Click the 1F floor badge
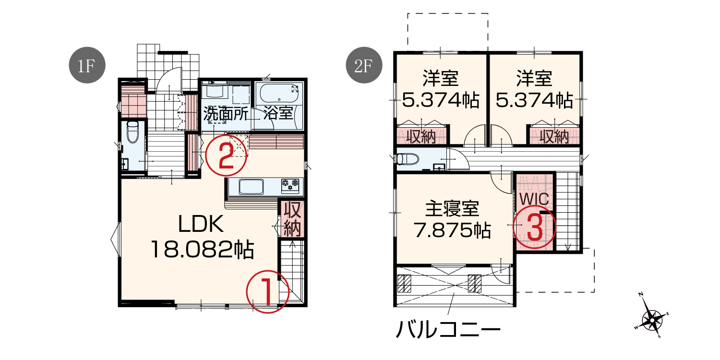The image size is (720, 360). click(87, 65)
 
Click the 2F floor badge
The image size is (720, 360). click(364, 65)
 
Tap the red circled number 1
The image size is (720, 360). click(267, 292)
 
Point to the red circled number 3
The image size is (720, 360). click(534, 227)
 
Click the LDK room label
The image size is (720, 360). click(201, 224)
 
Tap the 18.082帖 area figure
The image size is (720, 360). click(203, 250)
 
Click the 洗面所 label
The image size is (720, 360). click(226, 113)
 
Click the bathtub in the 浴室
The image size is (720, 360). click(279, 94)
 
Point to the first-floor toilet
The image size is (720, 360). click(132, 132)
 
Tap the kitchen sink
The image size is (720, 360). click(251, 187)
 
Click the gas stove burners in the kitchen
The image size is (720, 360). click(290, 185)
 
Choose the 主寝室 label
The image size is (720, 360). click(452, 209)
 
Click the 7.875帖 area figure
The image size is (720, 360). click(452, 230)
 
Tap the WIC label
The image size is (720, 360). click(534, 199)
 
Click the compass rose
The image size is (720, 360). click(652, 319)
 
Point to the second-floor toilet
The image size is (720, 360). click(408, 159)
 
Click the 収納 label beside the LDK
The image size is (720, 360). click(292, 219)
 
